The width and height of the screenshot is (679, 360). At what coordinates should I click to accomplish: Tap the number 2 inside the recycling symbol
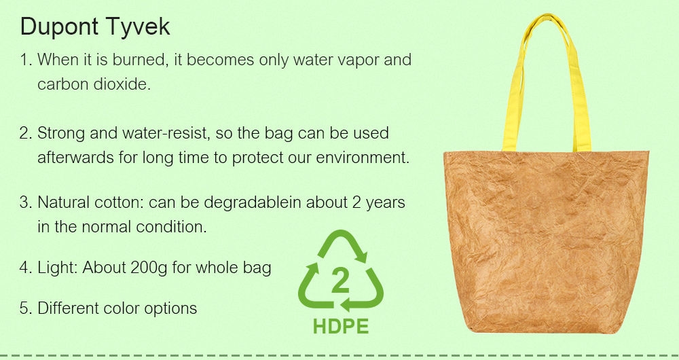click(340, 281)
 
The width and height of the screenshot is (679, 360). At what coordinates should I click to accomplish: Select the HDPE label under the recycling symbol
click(341, 327)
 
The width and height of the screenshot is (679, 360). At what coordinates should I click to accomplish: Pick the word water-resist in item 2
click(166, 133)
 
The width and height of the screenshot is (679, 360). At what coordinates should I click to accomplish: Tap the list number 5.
click(26, 308)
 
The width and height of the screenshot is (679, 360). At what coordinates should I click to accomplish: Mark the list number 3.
click(26, 202)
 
